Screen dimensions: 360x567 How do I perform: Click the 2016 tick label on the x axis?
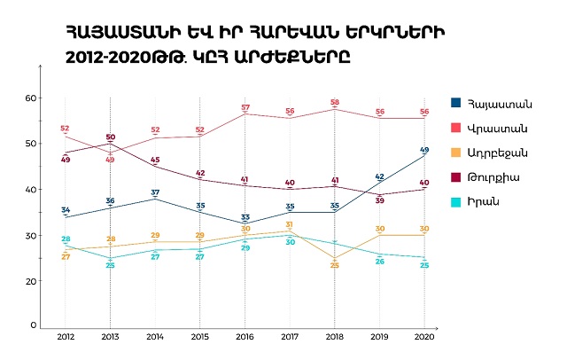(x=245, y=338)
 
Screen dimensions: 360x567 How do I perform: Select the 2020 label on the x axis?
(x=424, y=338)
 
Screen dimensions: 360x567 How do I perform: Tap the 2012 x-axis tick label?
(x=66, y=338)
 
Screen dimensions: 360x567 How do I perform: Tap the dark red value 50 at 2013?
(x=111, y=137)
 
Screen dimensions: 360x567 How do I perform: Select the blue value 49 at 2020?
(x=425, y=150)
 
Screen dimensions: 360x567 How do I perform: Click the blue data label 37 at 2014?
(x=155, y=192)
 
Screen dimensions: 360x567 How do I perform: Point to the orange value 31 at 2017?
(x=290, y=224)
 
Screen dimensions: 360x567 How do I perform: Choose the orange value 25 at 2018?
(x=335, y=265)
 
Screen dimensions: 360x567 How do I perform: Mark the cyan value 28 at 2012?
(x=66, y=239)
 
